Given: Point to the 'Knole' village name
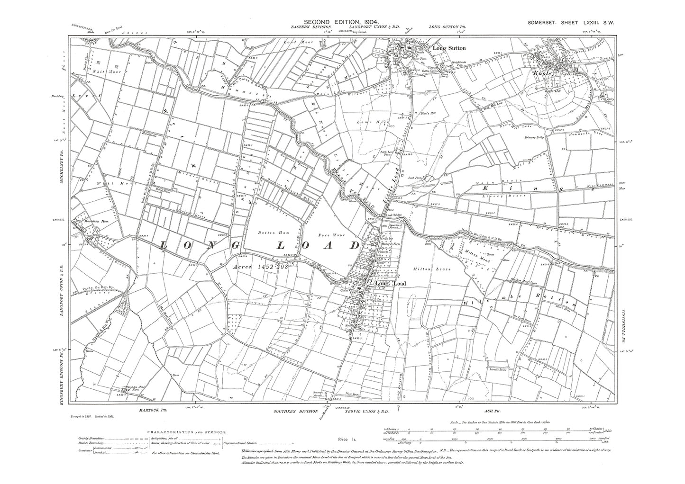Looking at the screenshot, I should (x=542, y=74).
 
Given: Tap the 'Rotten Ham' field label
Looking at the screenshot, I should (x=269, y=233).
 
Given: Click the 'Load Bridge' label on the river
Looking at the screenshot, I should (x=393, y=215).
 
